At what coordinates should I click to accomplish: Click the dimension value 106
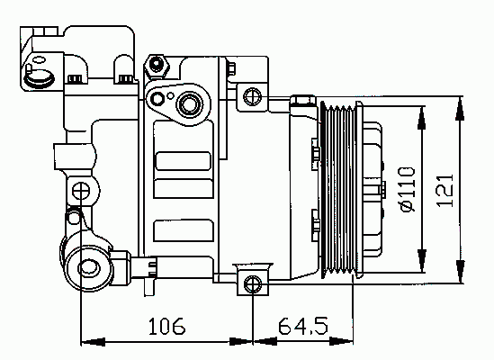click(167, 326)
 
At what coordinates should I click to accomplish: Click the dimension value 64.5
click(303, 326)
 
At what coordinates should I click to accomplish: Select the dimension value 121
click(445, 191)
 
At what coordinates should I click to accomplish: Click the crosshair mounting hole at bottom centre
click(253, 283)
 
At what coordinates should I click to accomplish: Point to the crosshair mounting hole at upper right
click(253, 97)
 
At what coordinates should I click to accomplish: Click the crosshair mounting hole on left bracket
click(81, 191)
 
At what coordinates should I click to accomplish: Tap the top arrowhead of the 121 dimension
click(460, 108)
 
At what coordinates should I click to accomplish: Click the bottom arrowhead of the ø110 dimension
click(421, 260)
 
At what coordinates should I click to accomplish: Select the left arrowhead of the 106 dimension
click(94, 342)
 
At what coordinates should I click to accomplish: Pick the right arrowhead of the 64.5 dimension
click(341, 341)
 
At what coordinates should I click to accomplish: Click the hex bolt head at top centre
click(157, 65)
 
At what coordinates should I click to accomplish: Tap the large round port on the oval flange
click(190, 104)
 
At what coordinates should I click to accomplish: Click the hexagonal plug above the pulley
click(302, 100)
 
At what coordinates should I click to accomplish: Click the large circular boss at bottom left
click(88, 268)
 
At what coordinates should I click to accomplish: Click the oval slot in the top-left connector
click(40, 60)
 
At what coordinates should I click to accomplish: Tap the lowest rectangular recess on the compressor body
click(184, 230)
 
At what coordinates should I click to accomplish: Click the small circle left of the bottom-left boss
click(74, 217)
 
